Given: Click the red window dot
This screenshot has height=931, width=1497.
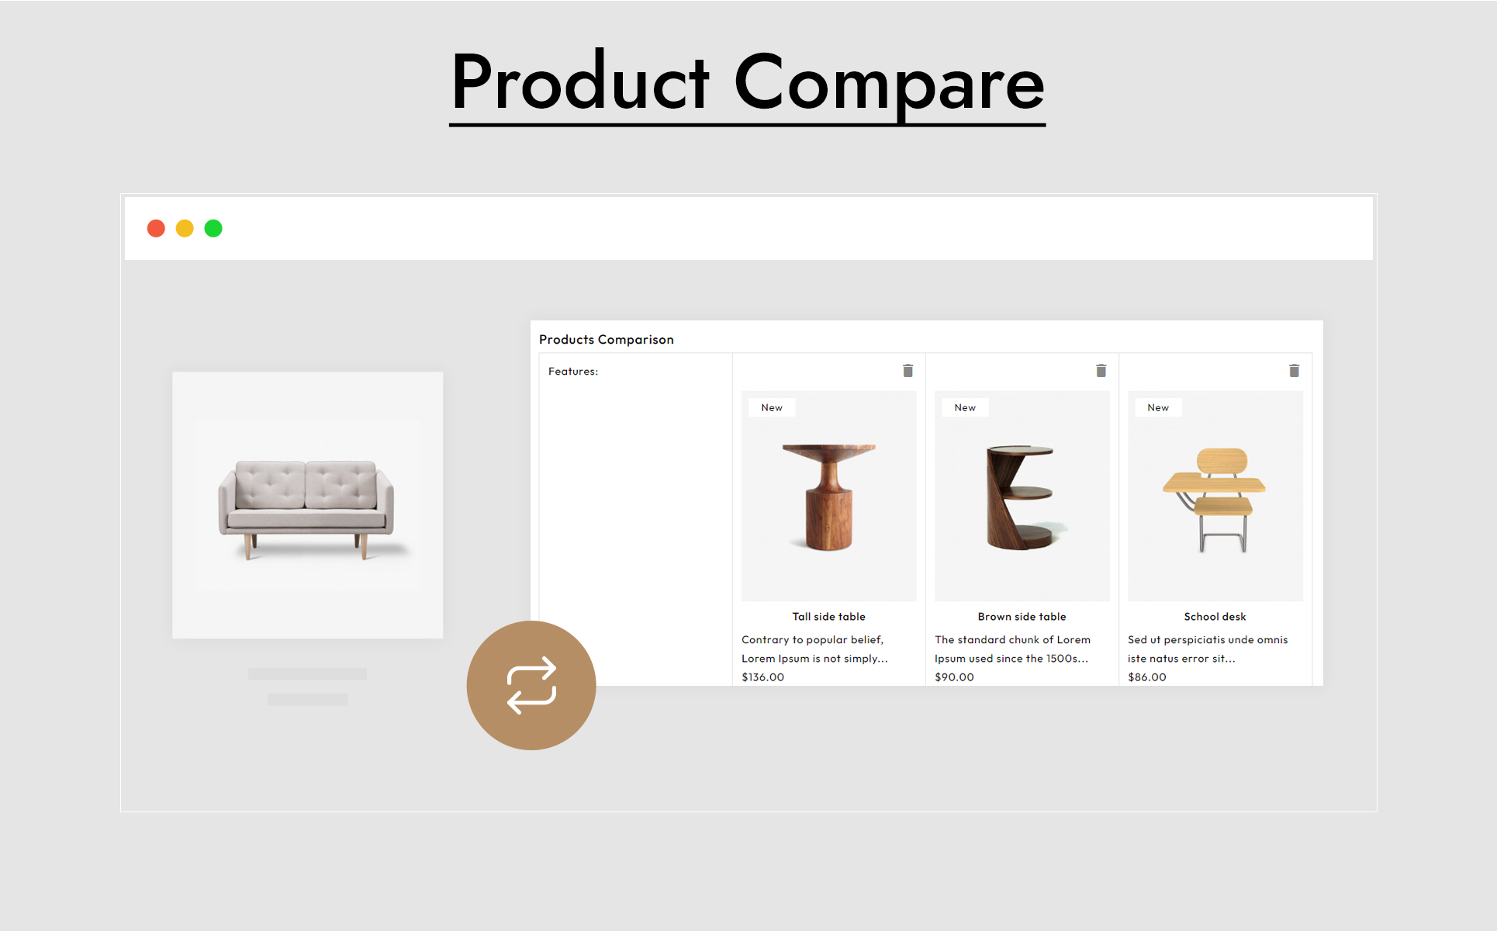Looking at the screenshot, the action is tap(156, 228).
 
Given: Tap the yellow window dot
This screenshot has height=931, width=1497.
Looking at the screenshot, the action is tap(185, 228).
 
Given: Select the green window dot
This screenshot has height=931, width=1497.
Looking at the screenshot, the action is tap(213, 228).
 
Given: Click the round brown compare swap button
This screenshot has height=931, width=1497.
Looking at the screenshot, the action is tap(531, 685).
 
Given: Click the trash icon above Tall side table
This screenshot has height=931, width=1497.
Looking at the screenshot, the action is tap(908, 370).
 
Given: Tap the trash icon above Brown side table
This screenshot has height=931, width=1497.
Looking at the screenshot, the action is tap(1101, 370).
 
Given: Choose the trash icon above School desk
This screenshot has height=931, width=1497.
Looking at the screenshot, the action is tap(1294, 370).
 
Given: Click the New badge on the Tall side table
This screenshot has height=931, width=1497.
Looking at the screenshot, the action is tap(772, 407).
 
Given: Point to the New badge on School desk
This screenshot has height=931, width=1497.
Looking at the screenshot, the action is tap(1158, 407).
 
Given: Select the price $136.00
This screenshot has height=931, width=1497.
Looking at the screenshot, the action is tap(762, 677).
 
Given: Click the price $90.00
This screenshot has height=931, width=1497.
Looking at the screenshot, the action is tap(954, 677).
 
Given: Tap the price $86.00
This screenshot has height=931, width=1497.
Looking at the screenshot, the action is tap(1146, 677).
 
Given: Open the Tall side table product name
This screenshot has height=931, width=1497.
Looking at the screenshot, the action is tap(828, 616).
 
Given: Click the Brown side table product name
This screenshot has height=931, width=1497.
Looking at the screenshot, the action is tap(1022, 616).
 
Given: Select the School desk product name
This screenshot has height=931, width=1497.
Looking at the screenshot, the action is tap(1215, 616).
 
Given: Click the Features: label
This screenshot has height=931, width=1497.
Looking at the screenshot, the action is tap(572, 371).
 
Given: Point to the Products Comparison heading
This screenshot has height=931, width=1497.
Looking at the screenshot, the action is tap(606, 339).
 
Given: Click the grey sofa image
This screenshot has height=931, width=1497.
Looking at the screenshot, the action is tap(307, 508).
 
